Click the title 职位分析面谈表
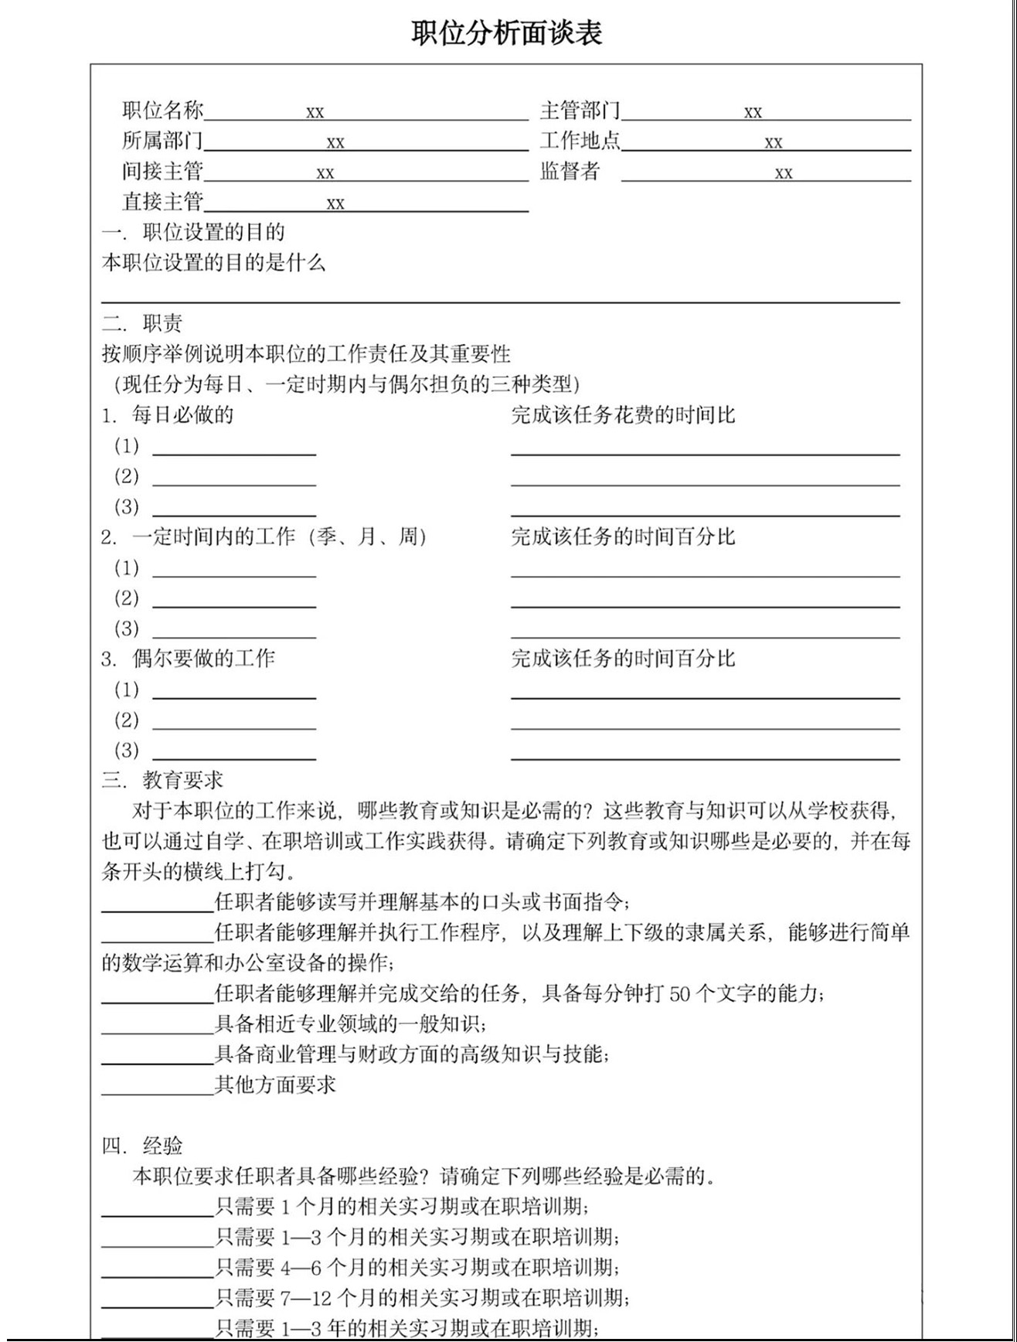click(x=506, y=33)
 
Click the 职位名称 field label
click(x=162, y=111)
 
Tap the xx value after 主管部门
click(x=753, y=113)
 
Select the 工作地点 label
click(x=580, y=141)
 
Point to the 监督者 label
click(x=570, y=172)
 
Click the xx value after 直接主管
click(x=335, y=204)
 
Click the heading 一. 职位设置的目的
click(x=193, y=232)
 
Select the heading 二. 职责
click(x=142, y=323)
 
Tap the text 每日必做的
click(x=182, y=415)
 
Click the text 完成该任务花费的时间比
click(x=623, y=415)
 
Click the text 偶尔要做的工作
click(x=203, y=659)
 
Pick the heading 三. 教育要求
click(x=162, y=780)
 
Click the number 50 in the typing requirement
click(x=679, y=994)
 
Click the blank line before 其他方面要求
click(x=157, y=1093)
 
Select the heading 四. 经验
click(x=142, y=1146)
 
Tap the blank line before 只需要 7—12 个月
click(x=157, y=1306)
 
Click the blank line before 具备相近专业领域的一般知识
click(x=157, y=1032)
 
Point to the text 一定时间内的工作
click(x=213, y=537)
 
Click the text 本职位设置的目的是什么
click(x=213, y=263)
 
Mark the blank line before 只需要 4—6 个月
click(x=157, y=1276)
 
